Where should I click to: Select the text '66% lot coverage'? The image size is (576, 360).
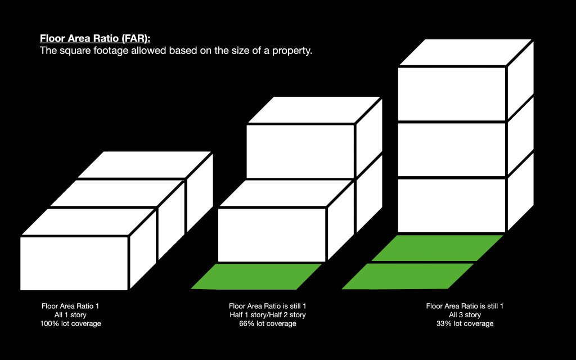pyautogui.click(x=267, y=324)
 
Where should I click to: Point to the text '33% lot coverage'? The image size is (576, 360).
pyautogui.click(x=465, y=324)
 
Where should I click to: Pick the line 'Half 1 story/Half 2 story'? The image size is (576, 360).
pyautogui.click(x=267, y=315)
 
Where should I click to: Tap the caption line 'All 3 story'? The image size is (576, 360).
pyautogui.click(x=465, y=315)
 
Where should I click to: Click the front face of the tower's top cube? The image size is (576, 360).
pyautogui.click(x=452, y=94)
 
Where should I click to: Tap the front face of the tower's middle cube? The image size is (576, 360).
pyautogui.click(x=452, y=149)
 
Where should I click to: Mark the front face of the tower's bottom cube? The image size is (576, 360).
pyautogui.click(x=452, y=205)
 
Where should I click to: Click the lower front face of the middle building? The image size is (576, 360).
pyautogui.click(x=272, y=234)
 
